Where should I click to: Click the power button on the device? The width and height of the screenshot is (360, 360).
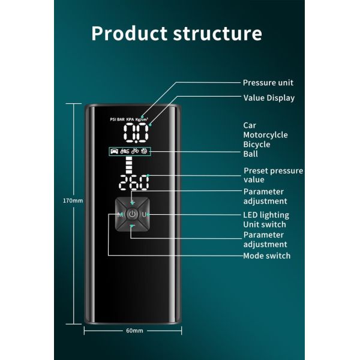pos(132,214)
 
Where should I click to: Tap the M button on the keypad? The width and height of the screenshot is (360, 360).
pos(120,215)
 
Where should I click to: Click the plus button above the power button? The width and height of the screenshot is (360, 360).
pos(132,203)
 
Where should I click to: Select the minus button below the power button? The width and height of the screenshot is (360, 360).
pos(132,226)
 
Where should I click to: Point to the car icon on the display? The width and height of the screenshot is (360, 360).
pos(114,151)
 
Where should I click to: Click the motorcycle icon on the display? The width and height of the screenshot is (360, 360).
pos(125,151)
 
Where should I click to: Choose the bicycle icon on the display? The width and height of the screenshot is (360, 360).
pos(135,151)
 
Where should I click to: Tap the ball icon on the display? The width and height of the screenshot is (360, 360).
pos(145,151)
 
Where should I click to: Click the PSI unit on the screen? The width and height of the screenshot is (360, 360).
pos(113,119)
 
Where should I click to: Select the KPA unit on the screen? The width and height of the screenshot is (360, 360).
pos(130,119)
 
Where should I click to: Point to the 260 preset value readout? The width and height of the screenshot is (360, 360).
pos(134,182)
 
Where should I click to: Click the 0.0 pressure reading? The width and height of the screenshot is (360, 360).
pos(136,131)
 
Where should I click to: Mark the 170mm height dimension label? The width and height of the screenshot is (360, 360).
pos(73,200)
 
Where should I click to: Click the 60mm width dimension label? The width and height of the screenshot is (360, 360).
pos(134,331)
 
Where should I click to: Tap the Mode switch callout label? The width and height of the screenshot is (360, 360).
pos(267,256)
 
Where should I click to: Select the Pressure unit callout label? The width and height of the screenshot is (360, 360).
pos(268,83)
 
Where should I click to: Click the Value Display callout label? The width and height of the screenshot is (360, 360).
pos(269,98)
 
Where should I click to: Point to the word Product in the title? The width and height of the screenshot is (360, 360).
pos(129,34)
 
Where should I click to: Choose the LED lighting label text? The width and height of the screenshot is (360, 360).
pos(266,215)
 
